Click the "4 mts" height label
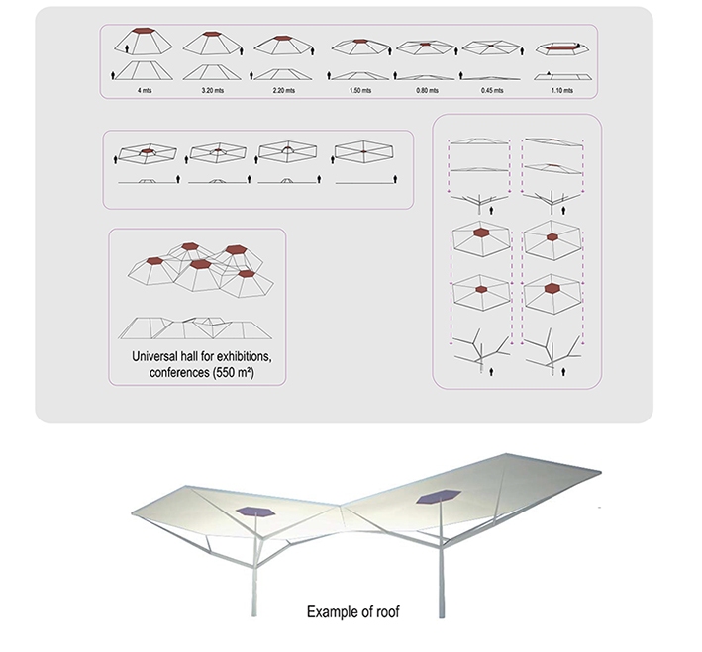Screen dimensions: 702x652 [145, 90]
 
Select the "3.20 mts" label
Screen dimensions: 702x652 [213, 90]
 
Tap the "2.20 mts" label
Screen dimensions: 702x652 [284, 90]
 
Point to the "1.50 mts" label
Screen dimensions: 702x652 [360, 90]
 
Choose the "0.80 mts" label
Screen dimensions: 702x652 [427, 90]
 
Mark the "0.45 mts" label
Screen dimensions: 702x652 [492, 90]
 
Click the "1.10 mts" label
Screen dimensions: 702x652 [561, 90]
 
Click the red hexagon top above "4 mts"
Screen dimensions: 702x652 [144, 31]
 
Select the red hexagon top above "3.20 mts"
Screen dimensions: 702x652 [212, 34]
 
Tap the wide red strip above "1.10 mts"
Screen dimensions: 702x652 [562, 47]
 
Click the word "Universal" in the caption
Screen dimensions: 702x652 [154, 356]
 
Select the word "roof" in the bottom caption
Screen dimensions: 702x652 [388, 611]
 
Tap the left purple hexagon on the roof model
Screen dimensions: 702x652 [255, 512]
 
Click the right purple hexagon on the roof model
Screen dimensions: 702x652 [439, 497]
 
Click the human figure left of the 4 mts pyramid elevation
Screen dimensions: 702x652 [113, 75]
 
